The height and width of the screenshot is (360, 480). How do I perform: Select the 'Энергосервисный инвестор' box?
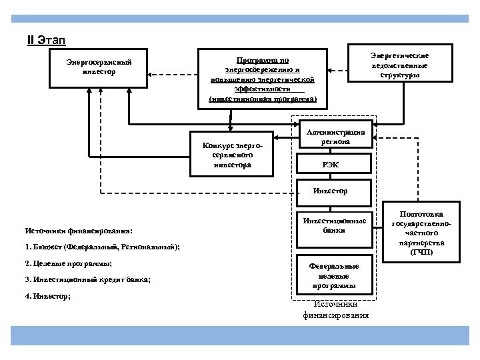coord(99,67)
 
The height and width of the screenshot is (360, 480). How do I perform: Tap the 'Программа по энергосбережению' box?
coord(263,78)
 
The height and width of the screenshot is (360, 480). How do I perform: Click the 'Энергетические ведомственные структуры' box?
coord(400,65)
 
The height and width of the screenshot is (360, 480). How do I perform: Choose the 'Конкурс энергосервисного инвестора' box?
coord(232,156)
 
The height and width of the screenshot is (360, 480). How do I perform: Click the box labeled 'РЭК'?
coord(331,164)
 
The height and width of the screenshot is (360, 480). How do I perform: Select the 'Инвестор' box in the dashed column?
coord(331,191)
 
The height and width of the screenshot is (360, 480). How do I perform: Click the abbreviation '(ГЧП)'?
coord(421,253)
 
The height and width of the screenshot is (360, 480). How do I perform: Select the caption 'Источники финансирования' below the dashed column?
coord(335,309)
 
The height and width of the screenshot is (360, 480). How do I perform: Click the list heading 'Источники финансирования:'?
coord(79,231)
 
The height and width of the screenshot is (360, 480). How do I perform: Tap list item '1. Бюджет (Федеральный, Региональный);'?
coord(101,247)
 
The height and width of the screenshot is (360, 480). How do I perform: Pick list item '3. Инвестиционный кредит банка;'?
coord(87,280)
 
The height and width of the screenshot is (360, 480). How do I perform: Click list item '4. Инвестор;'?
coord(48,295)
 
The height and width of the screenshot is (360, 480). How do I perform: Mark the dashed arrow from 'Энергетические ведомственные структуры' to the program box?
coord(339,69)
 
